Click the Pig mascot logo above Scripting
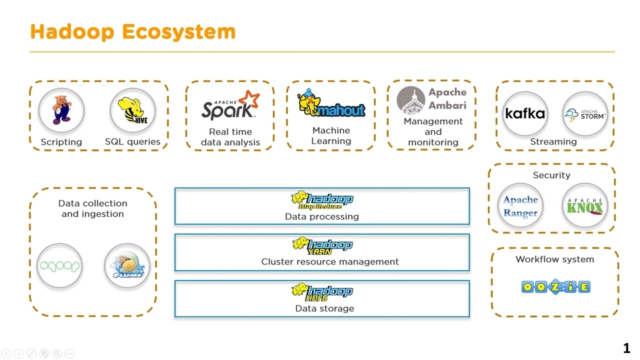click(x=61, y=110)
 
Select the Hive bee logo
click(x=132, y=110)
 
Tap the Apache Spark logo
click(x=230, y=105)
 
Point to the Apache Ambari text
click(x=447, y=98)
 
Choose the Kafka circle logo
click(x=525, y=113)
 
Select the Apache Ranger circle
click(x=520, y=205)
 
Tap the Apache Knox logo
click(x=584, y=205)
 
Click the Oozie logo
click(x=555, y=286)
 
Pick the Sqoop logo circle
click(x=59, y=266)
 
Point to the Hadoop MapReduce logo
click(x=322, y=200)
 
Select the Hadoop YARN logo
click(x=322, y=245)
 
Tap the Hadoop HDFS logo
click(x=322, y=292)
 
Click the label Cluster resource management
click(x=330, y=261)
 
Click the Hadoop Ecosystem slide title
click(x=132, y=31)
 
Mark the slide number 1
click(x=626, y=348)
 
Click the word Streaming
click(x=553, y=141)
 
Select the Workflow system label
click(x=555, y=259)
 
